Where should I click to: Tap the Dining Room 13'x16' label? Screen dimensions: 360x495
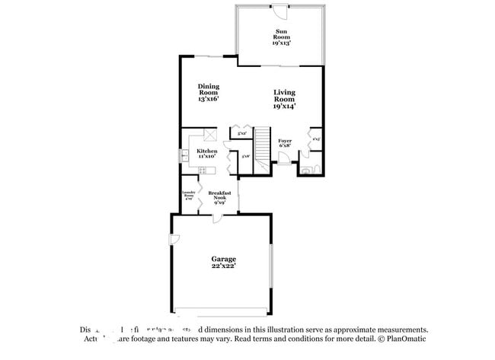click(208, 92)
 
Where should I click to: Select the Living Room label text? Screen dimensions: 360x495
click(284, 99)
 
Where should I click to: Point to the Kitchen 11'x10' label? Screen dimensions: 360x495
click(206, 153)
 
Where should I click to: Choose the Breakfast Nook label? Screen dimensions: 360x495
click(219, 197)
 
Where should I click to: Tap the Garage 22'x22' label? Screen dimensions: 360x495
click(223, 263)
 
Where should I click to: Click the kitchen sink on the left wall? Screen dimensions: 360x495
click(184, 155)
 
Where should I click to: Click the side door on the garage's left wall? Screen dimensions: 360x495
click(175, 241)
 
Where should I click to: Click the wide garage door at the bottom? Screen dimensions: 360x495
click(221, 313)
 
